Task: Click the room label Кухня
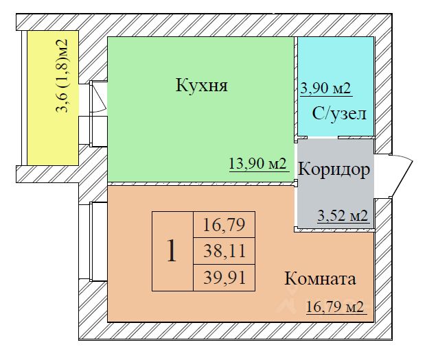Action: pos(201,86)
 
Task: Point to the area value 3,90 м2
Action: pos(326,88)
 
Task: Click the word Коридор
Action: pos(336,169)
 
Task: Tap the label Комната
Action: pos(320,279)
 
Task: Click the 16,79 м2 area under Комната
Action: pos(334,307)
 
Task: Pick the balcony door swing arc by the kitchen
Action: pos(97,99)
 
